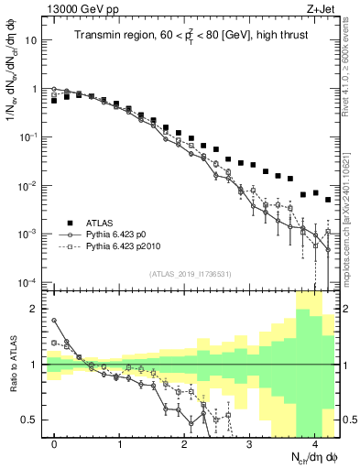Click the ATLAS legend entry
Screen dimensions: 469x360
103,223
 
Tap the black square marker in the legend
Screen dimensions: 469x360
69,223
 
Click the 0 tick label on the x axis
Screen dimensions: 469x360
55,443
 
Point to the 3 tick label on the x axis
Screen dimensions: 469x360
250,443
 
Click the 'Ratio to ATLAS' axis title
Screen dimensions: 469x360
12,365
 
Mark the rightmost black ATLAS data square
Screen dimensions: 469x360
328,200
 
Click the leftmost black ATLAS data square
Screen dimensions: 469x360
55,101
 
